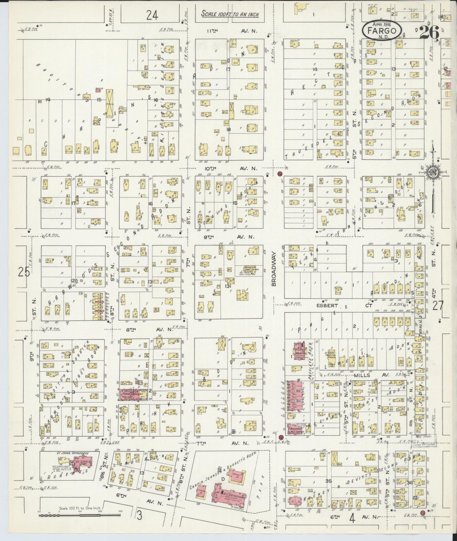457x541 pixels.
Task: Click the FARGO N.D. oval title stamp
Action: tap(382, 31)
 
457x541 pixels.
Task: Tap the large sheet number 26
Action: tap(429, 32)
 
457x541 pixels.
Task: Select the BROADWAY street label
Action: tap(274, 269)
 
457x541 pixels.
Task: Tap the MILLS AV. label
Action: tap(371, 374)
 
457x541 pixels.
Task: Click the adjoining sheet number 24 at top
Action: tap(152, 15)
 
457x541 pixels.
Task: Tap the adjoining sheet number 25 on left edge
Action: tap(24, 272)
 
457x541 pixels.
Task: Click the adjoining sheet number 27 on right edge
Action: tap(438, 306)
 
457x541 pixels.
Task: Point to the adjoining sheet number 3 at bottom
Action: tap(139, 515)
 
